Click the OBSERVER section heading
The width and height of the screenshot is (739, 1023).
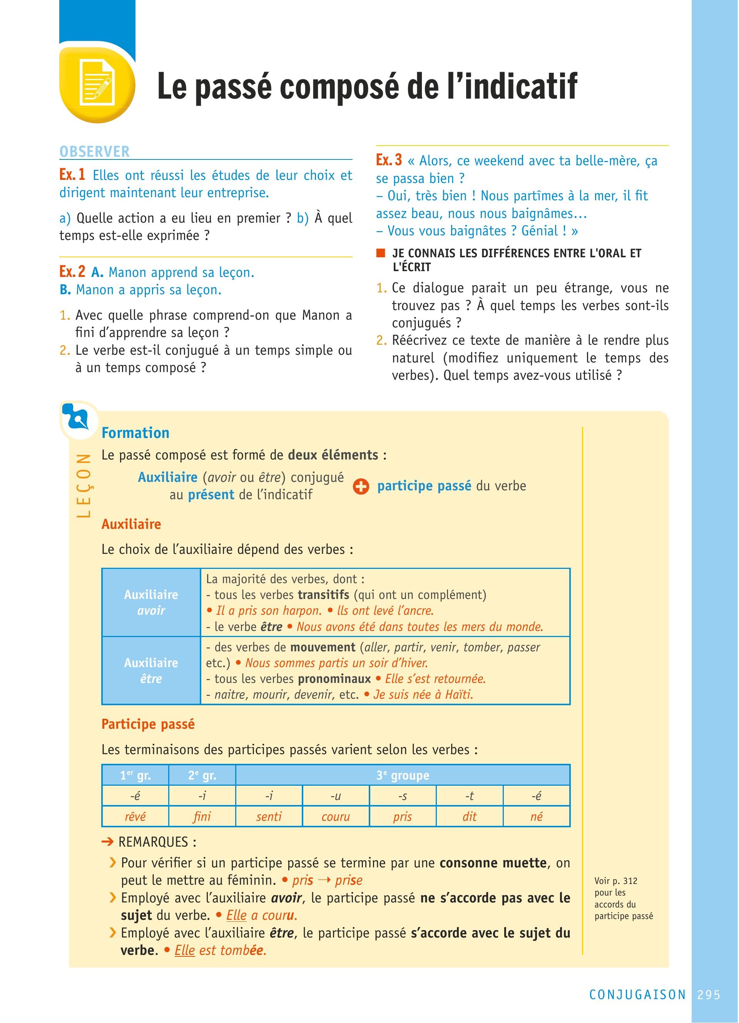(x=95, y=151)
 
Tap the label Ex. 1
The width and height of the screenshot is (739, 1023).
(x=72, y=174)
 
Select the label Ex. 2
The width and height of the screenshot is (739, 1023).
(x=72, y=272)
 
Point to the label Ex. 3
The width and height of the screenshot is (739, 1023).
(x=389, y=160)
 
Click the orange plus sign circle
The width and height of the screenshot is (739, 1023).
(x=361, y=487)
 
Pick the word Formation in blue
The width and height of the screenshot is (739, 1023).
(x=135, y=433)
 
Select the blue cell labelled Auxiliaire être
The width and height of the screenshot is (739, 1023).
(x=151, y=671)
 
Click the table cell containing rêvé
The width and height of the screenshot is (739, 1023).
(x=135, y=817)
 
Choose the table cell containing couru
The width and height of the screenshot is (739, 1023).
(x=336, y=817)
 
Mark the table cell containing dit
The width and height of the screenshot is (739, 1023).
(x=469, y=817)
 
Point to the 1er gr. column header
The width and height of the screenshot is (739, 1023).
(x=135, y=775)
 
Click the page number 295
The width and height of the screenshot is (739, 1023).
(x=709, y=994)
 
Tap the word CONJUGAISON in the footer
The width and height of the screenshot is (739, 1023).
(x=637, y=994)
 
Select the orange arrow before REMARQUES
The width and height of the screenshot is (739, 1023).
(x=107, y=842)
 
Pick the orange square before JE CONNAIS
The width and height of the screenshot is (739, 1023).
(x=381, y=253)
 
